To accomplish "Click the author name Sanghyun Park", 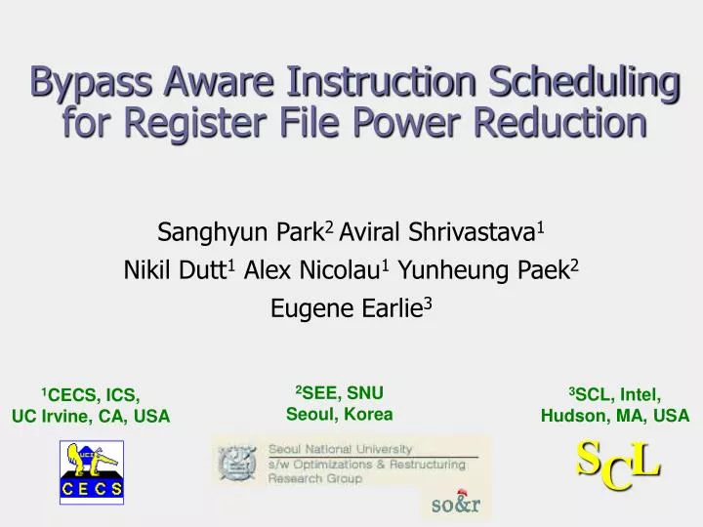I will pyautogui.click(x=242, y=232).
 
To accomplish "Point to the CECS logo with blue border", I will pyautogui.click(x=92, y=472).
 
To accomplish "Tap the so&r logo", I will pyautogui.click(x=457, y=504).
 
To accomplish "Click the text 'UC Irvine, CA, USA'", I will pyautogui.click(x=91, y=417).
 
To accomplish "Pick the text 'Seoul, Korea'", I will pyautogui.click(x=339, y=414).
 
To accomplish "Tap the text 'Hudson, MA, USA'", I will pyautogui.click(x=615, y=416).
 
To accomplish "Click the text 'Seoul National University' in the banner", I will pyautogui.click(x=335, y=450).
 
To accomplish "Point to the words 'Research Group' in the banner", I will pyautogui.click(x=315, y=479).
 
